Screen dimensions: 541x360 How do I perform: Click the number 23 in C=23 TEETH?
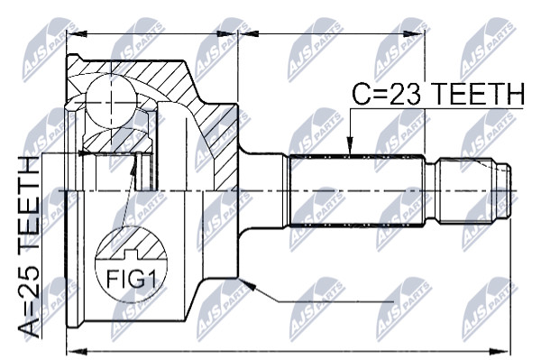point(406,94)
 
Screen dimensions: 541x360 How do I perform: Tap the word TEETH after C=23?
point(478,94)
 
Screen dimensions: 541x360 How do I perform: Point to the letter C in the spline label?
point(361,94)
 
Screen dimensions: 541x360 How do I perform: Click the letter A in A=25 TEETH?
point(30,328)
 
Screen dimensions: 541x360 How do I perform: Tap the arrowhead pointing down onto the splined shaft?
point(350,145)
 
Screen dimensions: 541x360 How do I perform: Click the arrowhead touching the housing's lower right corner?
point(249,284)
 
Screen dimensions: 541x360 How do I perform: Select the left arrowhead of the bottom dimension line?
point(76,351)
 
